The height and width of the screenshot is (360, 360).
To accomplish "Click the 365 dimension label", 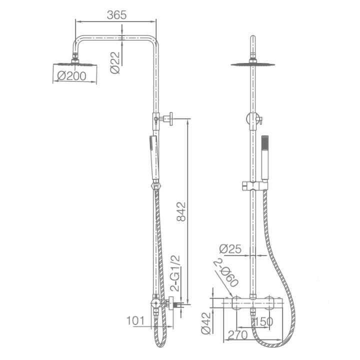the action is point(116,15).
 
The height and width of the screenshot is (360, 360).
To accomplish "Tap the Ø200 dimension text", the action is point(71,76).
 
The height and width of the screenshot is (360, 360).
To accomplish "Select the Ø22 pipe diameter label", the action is point(115,62).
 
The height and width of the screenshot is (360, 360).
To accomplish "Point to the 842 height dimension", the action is point(181,211).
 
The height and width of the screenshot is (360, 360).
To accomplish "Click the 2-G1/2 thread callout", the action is point(175,273).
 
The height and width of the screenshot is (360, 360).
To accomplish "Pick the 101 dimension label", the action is point(135,320).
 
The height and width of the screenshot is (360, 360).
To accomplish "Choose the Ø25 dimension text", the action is point(230,248).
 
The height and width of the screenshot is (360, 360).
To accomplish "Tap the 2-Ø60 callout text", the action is point(226,273).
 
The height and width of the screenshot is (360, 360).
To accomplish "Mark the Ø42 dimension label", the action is point(206,323).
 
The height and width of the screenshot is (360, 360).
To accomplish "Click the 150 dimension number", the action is point(264,321).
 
